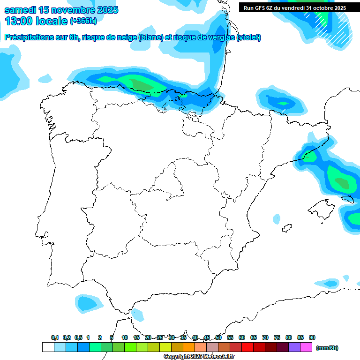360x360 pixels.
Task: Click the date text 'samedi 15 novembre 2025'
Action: (x=61, y=10)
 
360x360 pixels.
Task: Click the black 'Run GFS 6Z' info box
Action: (x=295, y=8)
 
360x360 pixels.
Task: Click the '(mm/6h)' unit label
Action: (x=327, y=348)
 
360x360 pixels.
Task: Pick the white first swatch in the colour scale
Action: (x=48, y=347)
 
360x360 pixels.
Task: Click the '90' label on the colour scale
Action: (x=312, y=337)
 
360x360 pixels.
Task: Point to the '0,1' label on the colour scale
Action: (x=55, y=337)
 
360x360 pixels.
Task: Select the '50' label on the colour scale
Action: (x=218, y=337)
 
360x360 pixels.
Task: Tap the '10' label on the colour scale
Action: (x=125, y=337)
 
